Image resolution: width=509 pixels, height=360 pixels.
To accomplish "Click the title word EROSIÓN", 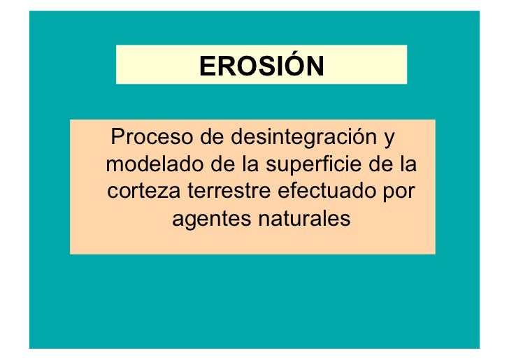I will (261, 66).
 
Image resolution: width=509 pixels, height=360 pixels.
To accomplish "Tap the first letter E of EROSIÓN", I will (206, 66).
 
